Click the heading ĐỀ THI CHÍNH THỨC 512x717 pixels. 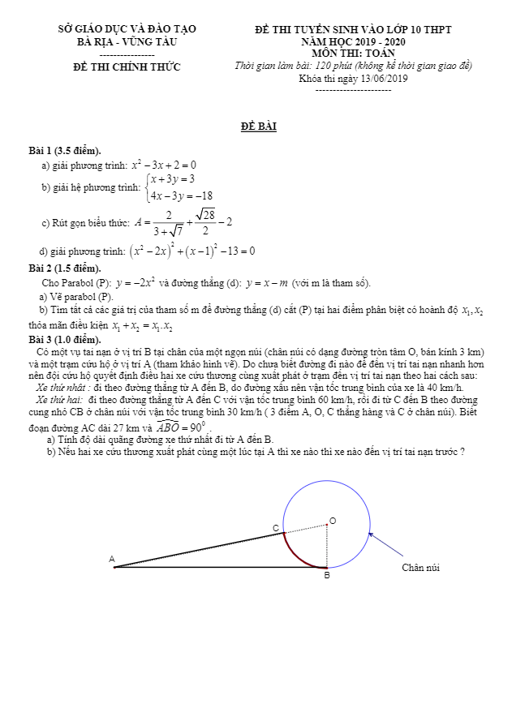click(x=127, y=67)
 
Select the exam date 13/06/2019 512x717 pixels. click(x=382, y=79)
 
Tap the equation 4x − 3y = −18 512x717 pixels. click(x=181, y=195)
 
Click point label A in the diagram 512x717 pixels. click(x=112, y=558)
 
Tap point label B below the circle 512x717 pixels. click(x=327, y=576)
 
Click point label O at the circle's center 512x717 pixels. click(x=333, y=520)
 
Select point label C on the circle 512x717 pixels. click(x=276, y=528)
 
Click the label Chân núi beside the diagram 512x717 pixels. click(x=421, y=568)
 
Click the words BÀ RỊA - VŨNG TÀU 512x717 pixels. click(x=127, y=41)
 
